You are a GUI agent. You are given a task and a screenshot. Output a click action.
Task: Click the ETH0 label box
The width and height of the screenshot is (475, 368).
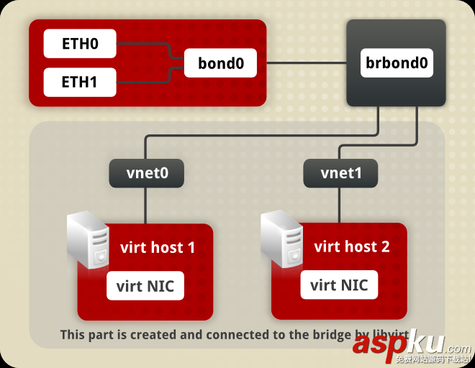(x=79, y=45)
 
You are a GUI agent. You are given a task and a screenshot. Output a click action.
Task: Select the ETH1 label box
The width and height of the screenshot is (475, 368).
(x=79, y=83)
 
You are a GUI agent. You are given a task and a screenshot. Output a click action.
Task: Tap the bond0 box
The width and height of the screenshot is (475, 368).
(x=221, y=63)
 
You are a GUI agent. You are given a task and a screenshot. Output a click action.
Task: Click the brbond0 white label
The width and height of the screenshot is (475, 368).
(x=397, y=63)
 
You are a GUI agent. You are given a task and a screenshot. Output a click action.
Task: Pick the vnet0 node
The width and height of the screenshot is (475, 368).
(x=146, y=173)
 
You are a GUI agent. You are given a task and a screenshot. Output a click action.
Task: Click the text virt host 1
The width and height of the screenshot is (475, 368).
(x=158, y=248)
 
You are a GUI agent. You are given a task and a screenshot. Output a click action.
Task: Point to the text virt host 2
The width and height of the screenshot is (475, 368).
(x=352, y=247)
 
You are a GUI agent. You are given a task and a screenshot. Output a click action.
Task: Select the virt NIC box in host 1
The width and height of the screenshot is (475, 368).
(x=145, y=286)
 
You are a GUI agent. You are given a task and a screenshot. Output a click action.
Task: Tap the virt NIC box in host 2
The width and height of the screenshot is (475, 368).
(x=338, y=285)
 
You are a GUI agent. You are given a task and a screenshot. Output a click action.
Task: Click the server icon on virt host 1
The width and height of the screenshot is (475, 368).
(x=88, y=239)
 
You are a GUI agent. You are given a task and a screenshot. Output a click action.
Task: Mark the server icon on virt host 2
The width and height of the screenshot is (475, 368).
(x=281, y=239)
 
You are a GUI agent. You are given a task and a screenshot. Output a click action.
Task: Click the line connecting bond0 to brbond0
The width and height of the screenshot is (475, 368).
(x=307, y=63)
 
